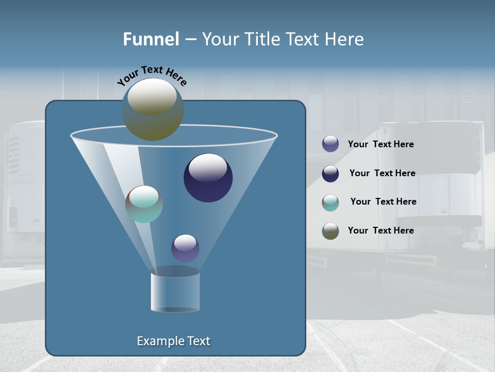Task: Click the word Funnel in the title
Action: [x=151, y=39]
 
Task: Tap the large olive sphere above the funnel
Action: [x=153, y=110]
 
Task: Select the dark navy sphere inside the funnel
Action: [x=208, y=178]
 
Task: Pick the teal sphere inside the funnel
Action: [x=144, y=204]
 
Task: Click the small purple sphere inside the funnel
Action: [x=185, y=249]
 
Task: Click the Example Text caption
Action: [x=174, y=341]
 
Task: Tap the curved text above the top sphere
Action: [x=152, y=75]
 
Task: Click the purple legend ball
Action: [x=331, y=144]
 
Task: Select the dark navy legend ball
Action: [x=331, y=174]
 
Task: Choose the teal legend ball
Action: [x=331, y=203]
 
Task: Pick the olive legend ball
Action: [x=331, y=231]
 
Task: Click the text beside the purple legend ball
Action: [x=381, y=145]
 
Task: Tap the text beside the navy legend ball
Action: [x=382, y=174]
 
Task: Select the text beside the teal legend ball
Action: [x=383, y=202]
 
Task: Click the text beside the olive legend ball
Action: [x=381, y=231]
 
